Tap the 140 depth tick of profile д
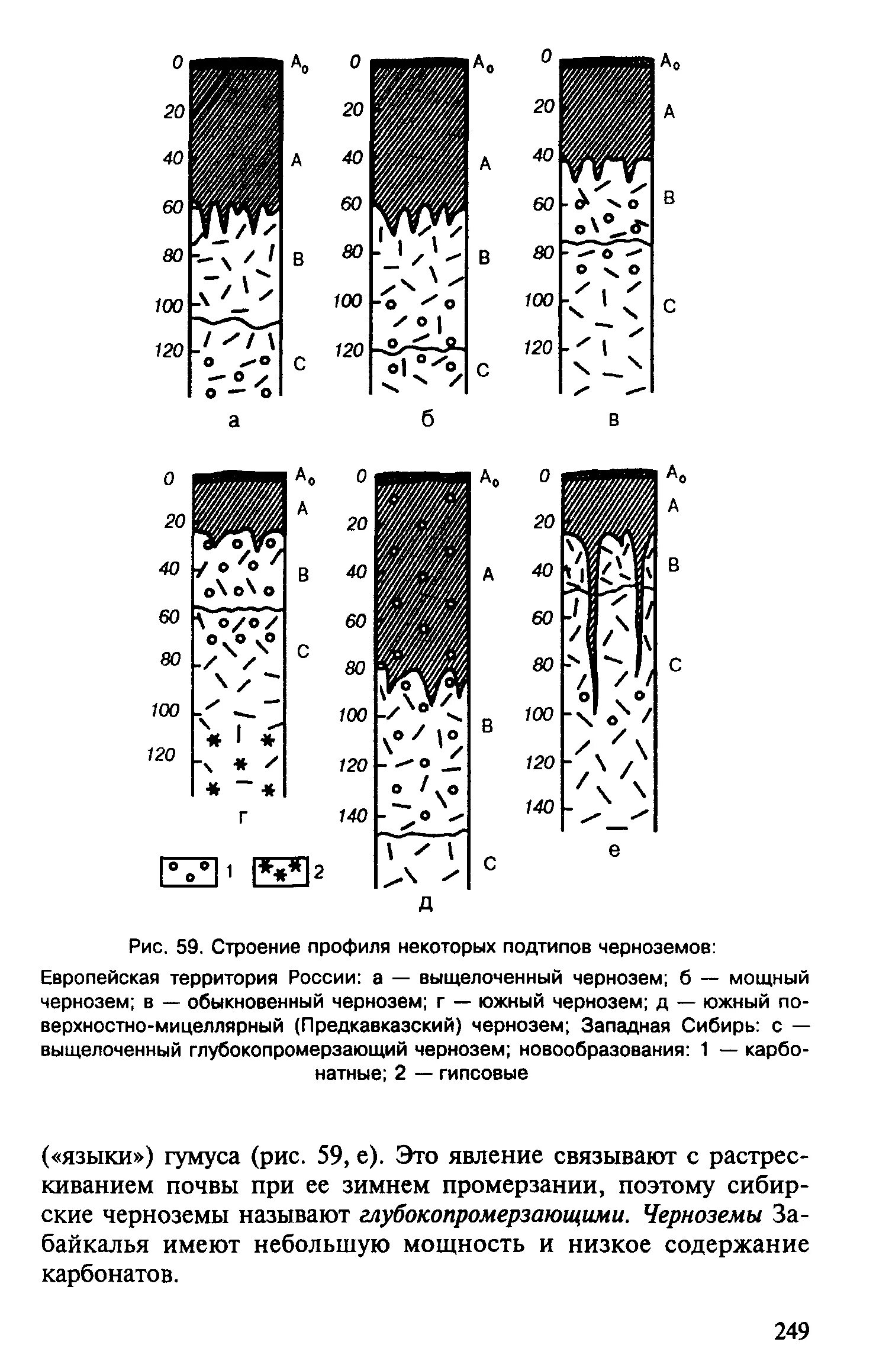click(353, 817)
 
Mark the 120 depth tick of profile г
click(162, 754)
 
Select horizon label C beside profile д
click(489, 864)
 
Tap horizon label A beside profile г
click(302, 508)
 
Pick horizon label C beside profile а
click(300, 364)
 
